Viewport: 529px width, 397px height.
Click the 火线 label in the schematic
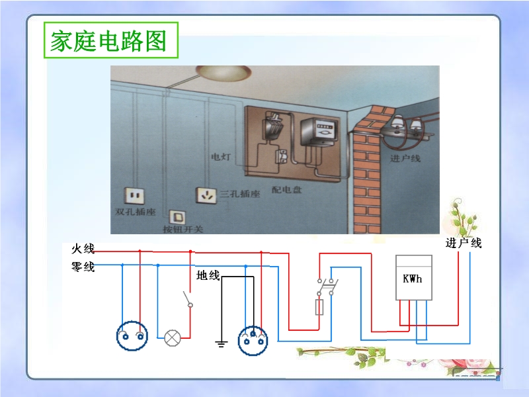click(x=83, y=249)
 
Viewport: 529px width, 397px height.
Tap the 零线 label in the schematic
click(x=83, y=267)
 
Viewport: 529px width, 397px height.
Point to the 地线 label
click(x=208, y=275)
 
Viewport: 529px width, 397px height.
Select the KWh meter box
click(x=413, y=278)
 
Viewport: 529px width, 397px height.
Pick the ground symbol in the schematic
click(x=222, y=343)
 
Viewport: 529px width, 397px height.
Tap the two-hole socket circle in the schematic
click(x=132, y=337)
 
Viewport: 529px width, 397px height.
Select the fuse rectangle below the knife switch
click(x=321, y=306)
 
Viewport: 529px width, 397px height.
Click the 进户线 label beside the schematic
click(x=464, y=243)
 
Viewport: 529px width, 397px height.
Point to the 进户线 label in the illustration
click(x=405, y=159)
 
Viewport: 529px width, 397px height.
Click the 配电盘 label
click(x=286, y=190)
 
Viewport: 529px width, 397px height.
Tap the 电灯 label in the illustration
click(x=221, y=157)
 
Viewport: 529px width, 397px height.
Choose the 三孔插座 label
click(x=240, y=194)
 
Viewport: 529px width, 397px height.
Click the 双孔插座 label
click(x=135, y=212)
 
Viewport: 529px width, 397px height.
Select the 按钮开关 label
click(x=183, y=230)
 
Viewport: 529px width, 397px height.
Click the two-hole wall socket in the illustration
click(x=135, y=195)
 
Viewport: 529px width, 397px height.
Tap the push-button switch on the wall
click(x=178, y=216)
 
